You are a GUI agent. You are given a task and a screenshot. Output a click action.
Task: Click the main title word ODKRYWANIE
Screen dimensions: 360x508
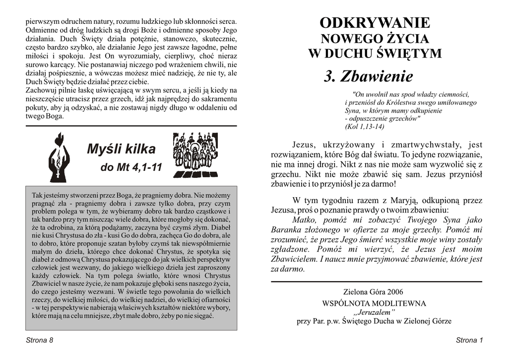point(375,23)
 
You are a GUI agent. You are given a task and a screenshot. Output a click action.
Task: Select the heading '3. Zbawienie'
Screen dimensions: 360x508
point(368,76)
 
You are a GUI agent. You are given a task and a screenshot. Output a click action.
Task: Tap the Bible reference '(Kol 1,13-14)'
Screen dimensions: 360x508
point(365,127)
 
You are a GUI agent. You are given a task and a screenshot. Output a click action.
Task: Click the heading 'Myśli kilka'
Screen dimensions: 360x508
point(121,149)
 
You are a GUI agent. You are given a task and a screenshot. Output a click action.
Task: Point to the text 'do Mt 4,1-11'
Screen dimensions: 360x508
point(131,168)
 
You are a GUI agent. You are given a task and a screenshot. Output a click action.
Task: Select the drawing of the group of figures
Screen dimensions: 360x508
point(195,155)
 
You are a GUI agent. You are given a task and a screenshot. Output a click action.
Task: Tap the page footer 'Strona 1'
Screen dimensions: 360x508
point(469,340)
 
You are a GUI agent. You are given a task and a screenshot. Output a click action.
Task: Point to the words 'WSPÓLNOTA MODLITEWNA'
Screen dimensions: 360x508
point(374,303)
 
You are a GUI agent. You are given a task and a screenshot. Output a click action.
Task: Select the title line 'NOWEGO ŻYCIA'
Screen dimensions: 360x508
point(375,39)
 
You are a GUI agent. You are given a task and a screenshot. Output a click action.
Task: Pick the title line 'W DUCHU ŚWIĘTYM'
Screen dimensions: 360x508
point(375,54)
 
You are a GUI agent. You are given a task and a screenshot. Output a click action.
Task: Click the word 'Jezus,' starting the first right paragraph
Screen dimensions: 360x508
point(304,145)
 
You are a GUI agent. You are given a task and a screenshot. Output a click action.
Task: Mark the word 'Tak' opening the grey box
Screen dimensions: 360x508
point(37,195)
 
